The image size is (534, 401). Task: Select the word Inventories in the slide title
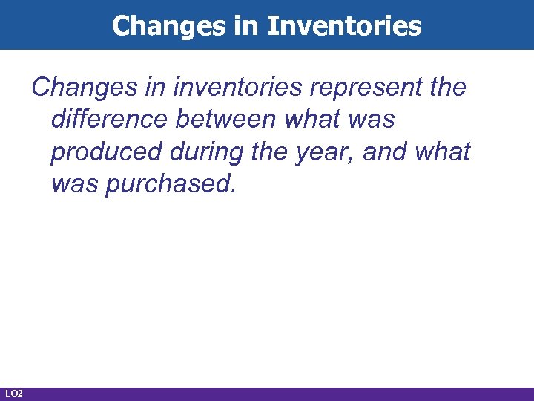pos(345,26)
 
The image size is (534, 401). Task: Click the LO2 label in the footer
pos(13,393)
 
